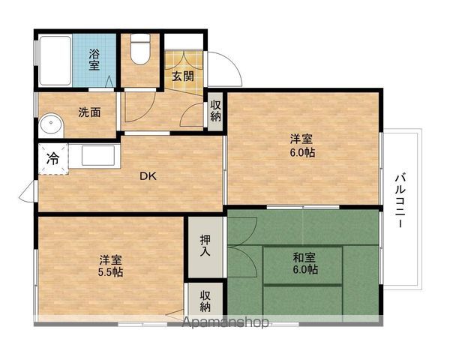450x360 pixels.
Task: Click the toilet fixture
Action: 141,49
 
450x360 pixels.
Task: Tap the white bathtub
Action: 55,60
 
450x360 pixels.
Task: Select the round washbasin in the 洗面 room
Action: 51,125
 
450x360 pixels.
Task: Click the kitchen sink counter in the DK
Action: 94,156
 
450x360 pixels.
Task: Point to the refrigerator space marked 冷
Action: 53,158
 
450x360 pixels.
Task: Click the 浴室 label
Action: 94,60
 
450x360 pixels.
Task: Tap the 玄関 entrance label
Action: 183,76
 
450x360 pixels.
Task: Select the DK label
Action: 148,176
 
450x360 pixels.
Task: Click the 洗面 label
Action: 89,112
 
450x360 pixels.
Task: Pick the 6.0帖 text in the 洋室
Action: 302,153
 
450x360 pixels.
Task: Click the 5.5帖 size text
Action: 110,272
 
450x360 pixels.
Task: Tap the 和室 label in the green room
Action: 304,257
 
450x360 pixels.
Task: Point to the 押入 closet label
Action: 205,245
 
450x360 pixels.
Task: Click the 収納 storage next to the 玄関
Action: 215,111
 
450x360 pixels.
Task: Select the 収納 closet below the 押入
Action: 205,301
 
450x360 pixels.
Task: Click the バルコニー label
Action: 400,201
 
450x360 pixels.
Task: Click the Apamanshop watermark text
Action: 226,322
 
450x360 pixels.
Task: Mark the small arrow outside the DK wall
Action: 27,191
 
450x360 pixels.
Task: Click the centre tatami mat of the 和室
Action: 303,265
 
